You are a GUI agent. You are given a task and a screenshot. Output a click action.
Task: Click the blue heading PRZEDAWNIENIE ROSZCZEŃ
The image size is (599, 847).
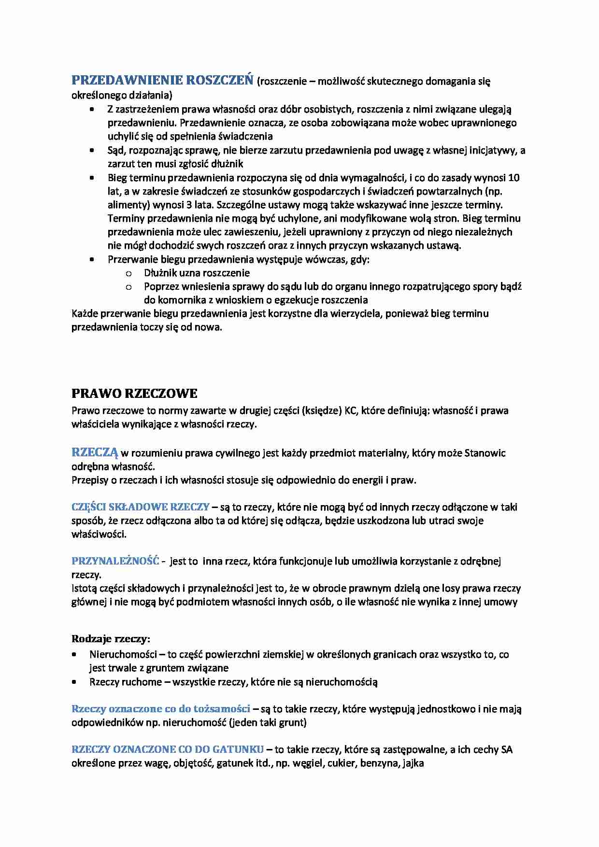pos(162,80)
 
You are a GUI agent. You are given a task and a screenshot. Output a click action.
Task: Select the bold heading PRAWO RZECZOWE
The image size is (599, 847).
pos(134,394)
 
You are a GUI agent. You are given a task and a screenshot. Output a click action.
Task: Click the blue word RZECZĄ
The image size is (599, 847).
pos(95,452)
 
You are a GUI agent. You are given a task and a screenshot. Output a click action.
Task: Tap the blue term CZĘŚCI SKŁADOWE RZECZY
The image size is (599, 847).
pos(140,507)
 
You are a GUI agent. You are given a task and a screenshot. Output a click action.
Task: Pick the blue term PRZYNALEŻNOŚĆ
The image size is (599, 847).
pos(115,561)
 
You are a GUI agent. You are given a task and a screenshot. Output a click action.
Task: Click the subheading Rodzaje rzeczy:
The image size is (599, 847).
pos(111,639)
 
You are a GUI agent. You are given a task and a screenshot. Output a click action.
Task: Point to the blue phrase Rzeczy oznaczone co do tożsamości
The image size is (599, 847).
pos(160,709)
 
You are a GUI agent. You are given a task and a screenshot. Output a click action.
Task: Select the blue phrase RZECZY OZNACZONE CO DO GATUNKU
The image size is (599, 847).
pos(167,749)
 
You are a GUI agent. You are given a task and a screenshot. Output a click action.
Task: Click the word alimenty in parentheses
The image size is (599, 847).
pos(127,205)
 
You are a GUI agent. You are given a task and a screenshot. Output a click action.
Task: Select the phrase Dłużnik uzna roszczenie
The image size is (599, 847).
pos(197,273)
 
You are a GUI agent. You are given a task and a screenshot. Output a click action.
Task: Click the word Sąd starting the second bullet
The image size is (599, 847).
pos(116,150)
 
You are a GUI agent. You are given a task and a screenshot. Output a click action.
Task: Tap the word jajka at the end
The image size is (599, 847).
pos(412,763)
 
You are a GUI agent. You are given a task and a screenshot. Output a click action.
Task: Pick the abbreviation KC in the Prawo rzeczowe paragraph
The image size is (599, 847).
pos(350,411)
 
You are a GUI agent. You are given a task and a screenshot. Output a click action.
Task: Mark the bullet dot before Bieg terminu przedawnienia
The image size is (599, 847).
pos(92,178)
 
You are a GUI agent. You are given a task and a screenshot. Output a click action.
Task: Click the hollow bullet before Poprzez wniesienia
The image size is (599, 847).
pos(128,287)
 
